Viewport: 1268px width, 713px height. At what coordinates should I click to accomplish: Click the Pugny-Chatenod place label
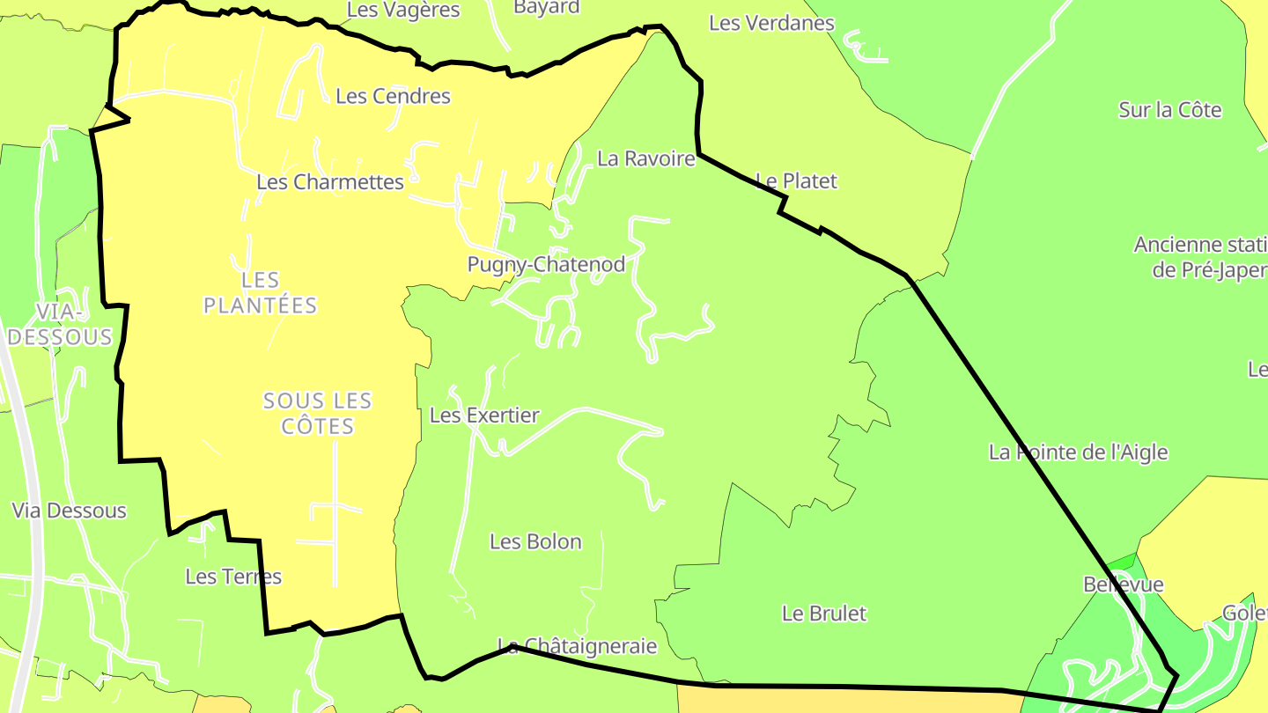(546, 264)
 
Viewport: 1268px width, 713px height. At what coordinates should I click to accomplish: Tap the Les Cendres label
(393, 96)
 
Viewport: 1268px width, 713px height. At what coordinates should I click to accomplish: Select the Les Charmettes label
(330, 182)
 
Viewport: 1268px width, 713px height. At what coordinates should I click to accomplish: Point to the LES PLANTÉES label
(260, 293)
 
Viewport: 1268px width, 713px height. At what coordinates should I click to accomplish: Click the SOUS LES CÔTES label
(318, 414)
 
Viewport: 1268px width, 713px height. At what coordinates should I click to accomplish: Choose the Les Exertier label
(484, 415)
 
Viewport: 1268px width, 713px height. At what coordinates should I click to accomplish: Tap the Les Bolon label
(535, 541)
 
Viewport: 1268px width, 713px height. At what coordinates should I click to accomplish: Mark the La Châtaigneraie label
(578, 646)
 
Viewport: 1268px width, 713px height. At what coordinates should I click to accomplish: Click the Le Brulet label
(824, 614)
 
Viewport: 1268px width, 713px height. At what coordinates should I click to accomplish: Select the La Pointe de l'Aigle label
(1078, 452)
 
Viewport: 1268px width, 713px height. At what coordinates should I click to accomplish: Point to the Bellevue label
(1124, 584)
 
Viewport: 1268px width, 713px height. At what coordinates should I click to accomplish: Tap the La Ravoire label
(645, 159)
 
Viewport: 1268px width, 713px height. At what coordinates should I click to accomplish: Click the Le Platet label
(796, 181)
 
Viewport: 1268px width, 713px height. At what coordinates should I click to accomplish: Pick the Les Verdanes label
(771, 23)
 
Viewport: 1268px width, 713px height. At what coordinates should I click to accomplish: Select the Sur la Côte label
(1170, 110)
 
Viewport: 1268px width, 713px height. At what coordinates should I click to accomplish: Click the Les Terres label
(233, 577)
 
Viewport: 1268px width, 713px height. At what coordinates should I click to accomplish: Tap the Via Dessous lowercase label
(69, 511)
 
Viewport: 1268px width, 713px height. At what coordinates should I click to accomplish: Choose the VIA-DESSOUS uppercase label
(61, 324)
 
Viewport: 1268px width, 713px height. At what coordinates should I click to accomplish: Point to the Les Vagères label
(403, 10)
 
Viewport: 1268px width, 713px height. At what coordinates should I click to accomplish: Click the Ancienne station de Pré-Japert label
(1201, 257)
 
